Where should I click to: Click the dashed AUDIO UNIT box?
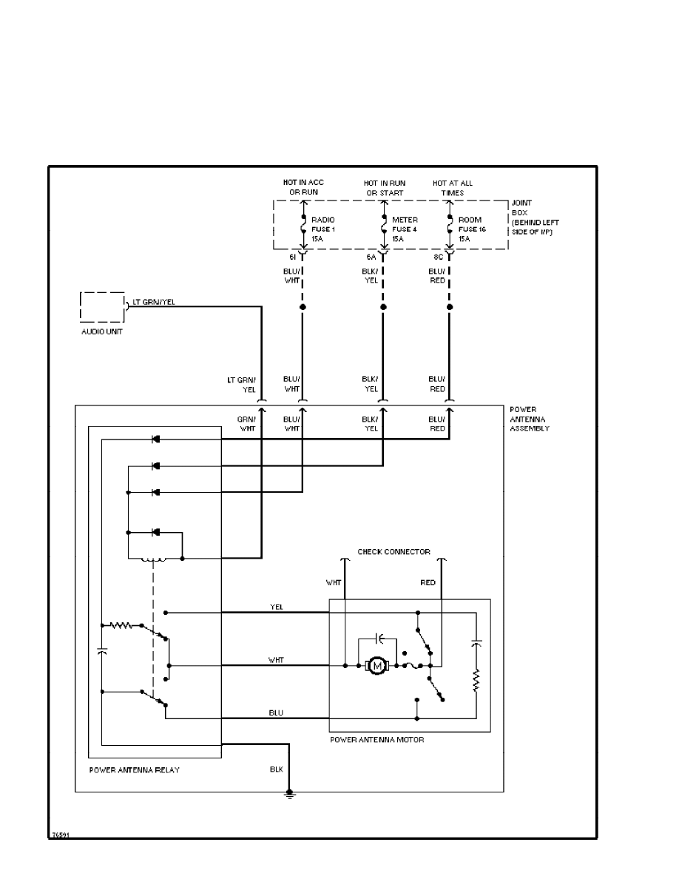click(x=101, y=306)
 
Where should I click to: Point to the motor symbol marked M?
click(x=379, y=666)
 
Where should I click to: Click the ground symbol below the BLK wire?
click(x=290, y=794)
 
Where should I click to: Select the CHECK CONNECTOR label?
click(x=393, y=552)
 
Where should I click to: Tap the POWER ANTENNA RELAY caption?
click(x=134, y=770)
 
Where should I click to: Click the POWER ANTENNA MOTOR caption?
click(x=376, y=740)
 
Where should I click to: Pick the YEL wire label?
click(x=276, y=607)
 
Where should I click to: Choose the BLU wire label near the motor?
click(x=276, y=713)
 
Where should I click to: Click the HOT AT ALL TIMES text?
click(x=453, y=188)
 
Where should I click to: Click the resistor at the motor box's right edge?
click(x=476, y=678)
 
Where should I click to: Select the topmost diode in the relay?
click(x=155, y=439)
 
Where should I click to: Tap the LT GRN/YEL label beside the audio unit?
click(x=154, y=303)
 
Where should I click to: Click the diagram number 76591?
click(x=60, y=835)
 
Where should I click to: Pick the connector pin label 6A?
click(x=371, y=257)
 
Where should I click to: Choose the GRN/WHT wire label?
click(x=246, y=423)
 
